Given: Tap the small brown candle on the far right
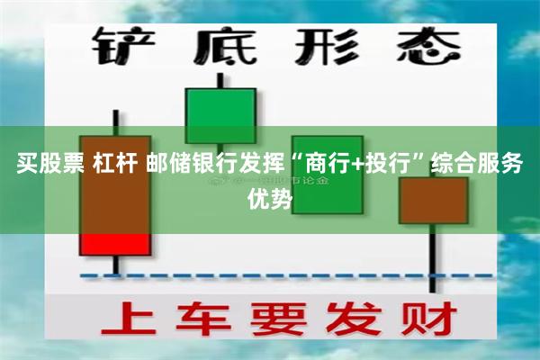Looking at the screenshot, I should tap(434, 200).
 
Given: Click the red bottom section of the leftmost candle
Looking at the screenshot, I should tap(114, 243).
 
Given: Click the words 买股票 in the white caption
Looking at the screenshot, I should tap(46, 166).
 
